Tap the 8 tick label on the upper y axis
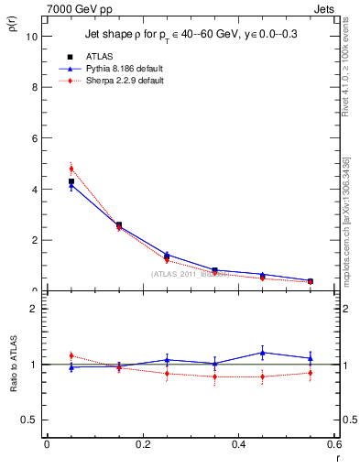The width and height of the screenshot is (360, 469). coord(34,88)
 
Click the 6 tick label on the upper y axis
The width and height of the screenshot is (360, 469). coord(34,138)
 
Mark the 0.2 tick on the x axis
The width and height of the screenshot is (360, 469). coord(142,443)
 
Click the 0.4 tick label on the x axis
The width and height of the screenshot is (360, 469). coord(238,443)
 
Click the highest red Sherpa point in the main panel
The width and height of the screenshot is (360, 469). coord(71,169)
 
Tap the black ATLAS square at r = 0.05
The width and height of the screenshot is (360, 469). coord(71,181)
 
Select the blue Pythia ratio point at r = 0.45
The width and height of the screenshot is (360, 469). coord(262,353)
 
